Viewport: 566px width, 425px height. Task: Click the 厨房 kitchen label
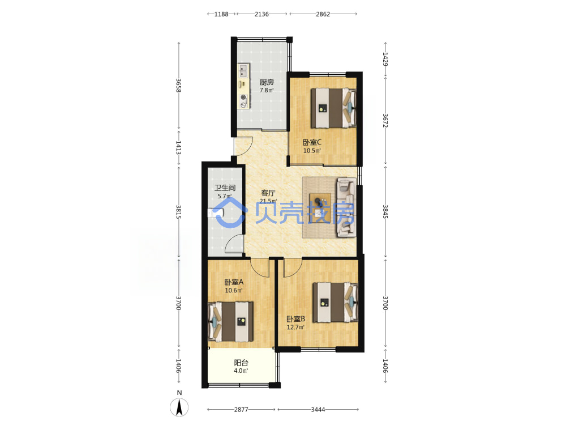click(267, 82)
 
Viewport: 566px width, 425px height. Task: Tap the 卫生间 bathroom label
click(225, 188)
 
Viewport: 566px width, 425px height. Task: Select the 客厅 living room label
click(268, 193)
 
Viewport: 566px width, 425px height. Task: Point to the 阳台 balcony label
click(241, 363)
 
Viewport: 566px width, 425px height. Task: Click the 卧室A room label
click(234, 282)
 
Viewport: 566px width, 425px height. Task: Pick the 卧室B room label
click(295, 318)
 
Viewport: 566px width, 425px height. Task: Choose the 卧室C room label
click(312, 142)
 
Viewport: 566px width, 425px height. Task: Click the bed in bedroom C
click(334, 108)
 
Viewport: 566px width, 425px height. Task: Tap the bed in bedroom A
click(231, 322)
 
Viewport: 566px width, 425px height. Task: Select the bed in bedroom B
click(335, 302)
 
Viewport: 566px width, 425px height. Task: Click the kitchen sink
click(243, 71)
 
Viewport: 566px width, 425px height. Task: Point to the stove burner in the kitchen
click(243, 97)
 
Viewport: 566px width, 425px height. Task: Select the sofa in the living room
click(346, 207)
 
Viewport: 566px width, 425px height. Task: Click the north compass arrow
click(179, 407)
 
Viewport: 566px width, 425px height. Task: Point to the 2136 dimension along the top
click(261, 14)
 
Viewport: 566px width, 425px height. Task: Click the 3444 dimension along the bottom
click(318, 410)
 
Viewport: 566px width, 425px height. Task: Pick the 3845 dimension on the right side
click(385, 211)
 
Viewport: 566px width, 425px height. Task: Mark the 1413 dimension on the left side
click(178, 148)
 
